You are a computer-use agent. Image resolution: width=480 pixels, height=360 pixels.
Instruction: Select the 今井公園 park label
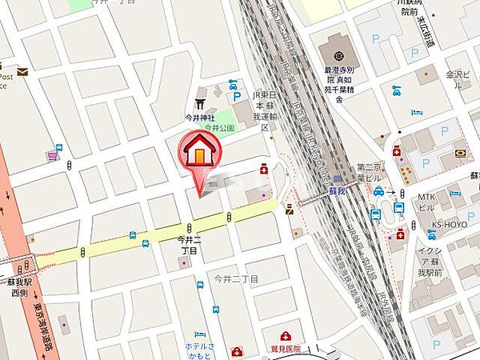coord(218,127)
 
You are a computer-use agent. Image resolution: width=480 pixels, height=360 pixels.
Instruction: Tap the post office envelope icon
coord(22,72)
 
